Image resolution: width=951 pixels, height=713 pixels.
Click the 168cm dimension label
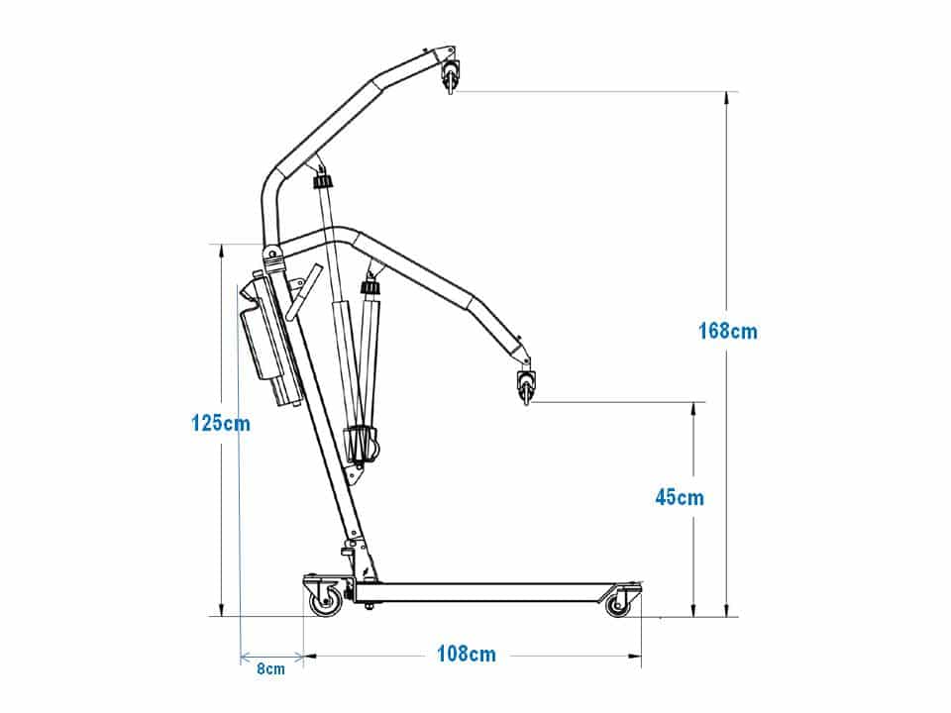click(x=728, y=331)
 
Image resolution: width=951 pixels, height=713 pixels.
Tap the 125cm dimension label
click(x=221, y=423)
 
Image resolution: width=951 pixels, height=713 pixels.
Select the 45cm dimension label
click(x=680, y=498)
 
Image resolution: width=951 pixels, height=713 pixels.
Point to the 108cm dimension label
click(x=467, y=654)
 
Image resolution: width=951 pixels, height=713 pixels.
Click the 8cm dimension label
click(x=270, y=668)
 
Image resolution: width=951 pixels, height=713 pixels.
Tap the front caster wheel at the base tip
click(x=618, y=604)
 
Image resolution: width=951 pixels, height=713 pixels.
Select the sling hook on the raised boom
click(x=451, y=74)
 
